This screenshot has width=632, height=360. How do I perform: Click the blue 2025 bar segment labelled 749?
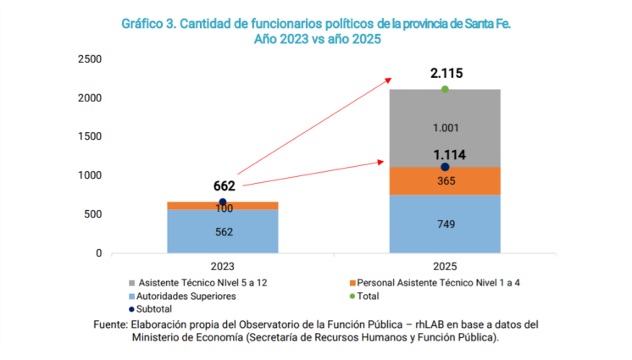445,224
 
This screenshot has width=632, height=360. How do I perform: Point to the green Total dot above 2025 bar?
445,89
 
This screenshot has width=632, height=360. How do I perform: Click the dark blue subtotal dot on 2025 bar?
445,167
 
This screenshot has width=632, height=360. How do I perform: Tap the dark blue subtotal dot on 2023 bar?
223,202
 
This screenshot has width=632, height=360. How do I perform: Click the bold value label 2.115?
446,74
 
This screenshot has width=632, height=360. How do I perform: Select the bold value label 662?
224,186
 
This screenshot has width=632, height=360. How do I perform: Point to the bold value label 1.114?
450,155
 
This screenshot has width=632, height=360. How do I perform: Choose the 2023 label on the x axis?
223,265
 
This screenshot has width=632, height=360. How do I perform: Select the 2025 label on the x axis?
445,265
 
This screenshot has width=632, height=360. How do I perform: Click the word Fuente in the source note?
112,324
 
